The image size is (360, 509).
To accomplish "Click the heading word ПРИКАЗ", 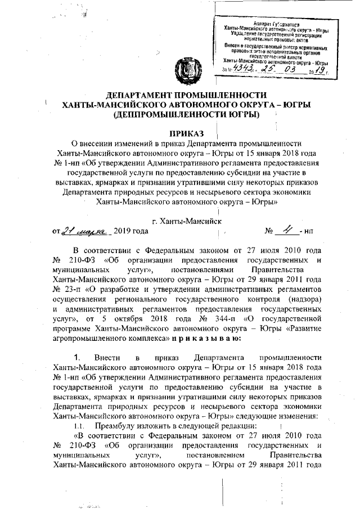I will [x=180, y=133].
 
